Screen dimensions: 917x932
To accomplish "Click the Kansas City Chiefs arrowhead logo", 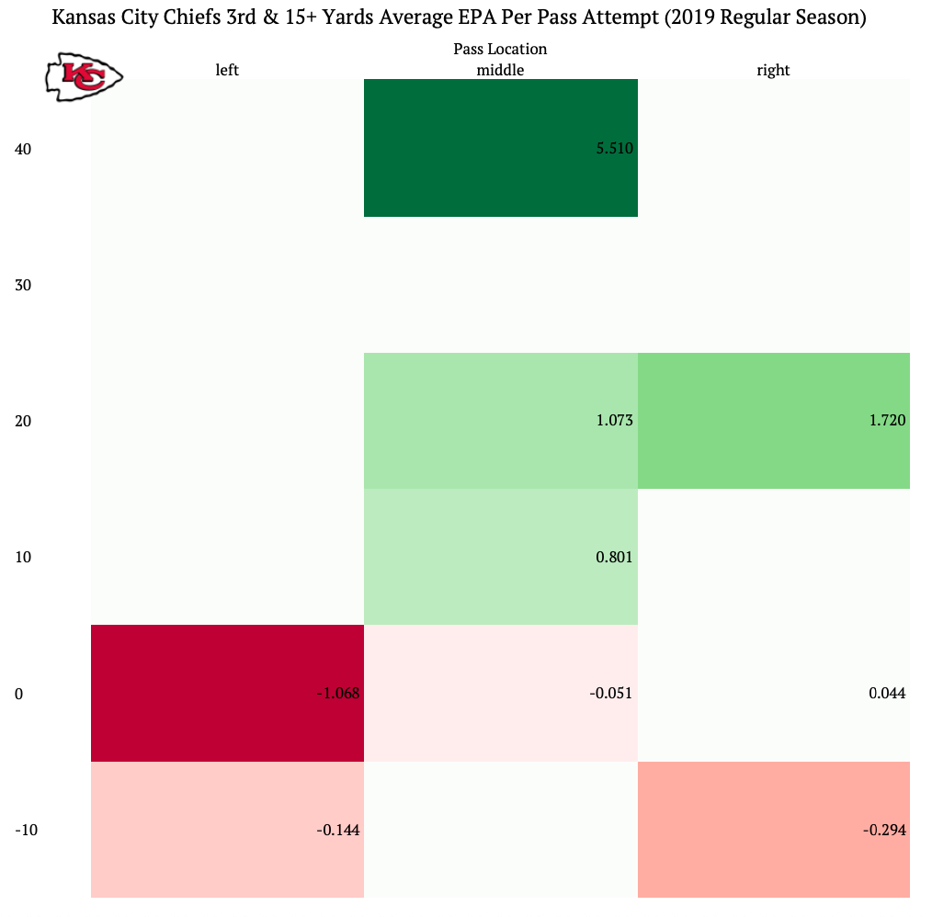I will [x=84, y=77].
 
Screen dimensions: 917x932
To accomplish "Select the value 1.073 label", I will [x=615, y=421].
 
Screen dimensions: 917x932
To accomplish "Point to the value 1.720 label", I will [x=887, y=421].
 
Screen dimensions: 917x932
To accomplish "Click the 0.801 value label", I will [x=615, y=557].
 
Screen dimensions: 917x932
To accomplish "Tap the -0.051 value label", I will [x=611, y=694].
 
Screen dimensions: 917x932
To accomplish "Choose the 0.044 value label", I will [x=887, y=694].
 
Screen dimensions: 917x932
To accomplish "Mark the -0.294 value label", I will [x=884, y=830].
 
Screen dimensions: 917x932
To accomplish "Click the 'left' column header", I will [x=227, y=70].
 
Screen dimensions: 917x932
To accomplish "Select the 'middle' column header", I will [x=500, y=70].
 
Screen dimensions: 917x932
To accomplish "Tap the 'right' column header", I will [x=773, y=70].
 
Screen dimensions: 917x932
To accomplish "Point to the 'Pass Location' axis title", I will [x=500, y=49].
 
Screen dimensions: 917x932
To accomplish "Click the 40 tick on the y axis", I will [x=24, y=149].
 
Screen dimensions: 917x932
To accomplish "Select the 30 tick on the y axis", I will [x=24, y=285].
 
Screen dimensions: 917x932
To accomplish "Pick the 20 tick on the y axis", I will [x=24, y=422].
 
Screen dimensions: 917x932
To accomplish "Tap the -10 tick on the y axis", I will [x=27, y=831].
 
